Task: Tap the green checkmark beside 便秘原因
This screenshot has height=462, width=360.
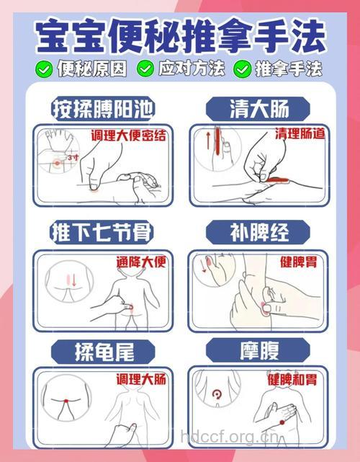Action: (x=45, y=68)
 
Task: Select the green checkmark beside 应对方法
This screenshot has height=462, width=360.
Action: (x=146, y=68)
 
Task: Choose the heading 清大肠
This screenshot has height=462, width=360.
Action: (x=258, y=109)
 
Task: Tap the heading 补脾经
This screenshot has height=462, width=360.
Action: (x=258, y=232)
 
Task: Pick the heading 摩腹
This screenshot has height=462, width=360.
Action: (x=258, y=351)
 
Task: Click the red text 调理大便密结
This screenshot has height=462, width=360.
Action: (x=128, y=135)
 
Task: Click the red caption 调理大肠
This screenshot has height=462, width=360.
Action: (x=141, y=379)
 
